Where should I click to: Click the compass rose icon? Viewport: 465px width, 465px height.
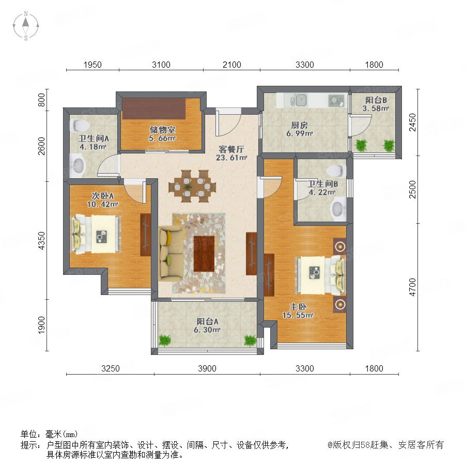pos(26,26)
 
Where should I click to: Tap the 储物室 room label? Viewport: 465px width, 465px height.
pos(163,130)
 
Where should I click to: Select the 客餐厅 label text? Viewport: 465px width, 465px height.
pos(231,149)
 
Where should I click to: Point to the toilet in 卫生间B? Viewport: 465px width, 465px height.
pos(336,171)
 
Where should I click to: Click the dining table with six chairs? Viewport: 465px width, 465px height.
pos(192,186)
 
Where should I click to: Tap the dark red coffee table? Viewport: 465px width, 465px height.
pos(204,253)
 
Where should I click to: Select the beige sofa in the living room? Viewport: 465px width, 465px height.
pos(171,254)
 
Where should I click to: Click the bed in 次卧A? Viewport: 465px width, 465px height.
pos(96,234)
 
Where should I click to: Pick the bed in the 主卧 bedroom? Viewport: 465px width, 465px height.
pos(321,275)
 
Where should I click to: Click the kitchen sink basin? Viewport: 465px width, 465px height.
pos(301,100)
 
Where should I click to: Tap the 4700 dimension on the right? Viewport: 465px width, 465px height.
pos(412,287)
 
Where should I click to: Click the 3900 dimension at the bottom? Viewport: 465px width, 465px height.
pos(207,368)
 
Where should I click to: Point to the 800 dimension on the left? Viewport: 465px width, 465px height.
pos(41,100)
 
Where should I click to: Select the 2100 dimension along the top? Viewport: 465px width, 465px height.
pos(231,65)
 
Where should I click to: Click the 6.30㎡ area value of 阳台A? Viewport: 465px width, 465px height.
pos(207,330)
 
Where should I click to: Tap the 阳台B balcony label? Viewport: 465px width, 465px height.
pos(376,100)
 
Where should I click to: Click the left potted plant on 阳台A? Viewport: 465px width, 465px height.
pos(165,340)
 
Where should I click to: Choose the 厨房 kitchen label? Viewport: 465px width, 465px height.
pos(299,125)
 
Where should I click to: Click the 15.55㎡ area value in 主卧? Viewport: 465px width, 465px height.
pos(298,315)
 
